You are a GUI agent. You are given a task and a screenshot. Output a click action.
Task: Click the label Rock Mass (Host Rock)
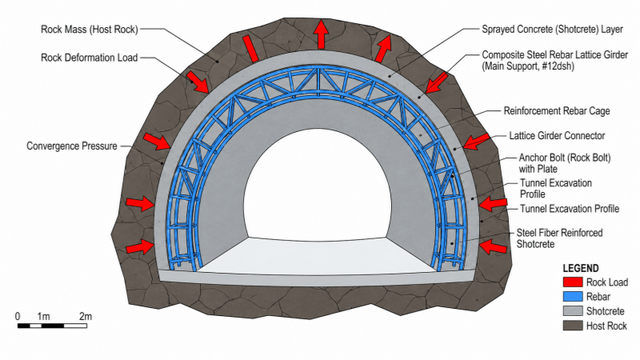(90, 30)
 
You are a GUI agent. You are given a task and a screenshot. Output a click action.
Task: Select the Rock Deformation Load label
(90, 58)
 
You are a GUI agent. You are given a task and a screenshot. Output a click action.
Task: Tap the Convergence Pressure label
(72, 146)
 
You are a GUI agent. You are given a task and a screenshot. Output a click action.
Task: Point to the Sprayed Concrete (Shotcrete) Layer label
(552, 30)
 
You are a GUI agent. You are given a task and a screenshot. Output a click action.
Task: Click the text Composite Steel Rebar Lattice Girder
(554, 54)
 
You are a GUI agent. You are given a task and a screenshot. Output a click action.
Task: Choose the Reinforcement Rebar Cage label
(557, 111)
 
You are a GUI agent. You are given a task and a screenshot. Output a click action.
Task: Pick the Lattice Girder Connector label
(557, 135)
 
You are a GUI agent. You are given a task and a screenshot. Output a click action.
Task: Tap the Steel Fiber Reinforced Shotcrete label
(559, 238)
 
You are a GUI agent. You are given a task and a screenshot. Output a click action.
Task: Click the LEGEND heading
(581, 268)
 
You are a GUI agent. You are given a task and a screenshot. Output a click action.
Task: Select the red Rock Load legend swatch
(573, 282)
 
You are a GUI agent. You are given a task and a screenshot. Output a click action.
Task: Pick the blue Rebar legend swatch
(573, 297)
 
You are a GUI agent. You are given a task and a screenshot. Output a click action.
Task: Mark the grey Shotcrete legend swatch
(573, 311)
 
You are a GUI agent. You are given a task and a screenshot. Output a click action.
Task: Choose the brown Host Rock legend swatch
(573, 326)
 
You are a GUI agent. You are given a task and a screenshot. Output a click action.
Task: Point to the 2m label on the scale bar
(86, 316)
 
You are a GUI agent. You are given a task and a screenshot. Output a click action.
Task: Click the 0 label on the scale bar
(18, 316)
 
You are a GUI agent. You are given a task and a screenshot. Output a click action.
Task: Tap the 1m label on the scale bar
(43, 316)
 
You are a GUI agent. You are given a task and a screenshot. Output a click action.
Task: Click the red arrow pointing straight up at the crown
(322, 34)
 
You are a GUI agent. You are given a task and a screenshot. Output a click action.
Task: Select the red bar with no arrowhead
(250, 49)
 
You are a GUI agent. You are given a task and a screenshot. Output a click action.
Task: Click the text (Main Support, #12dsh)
(528, 66)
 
